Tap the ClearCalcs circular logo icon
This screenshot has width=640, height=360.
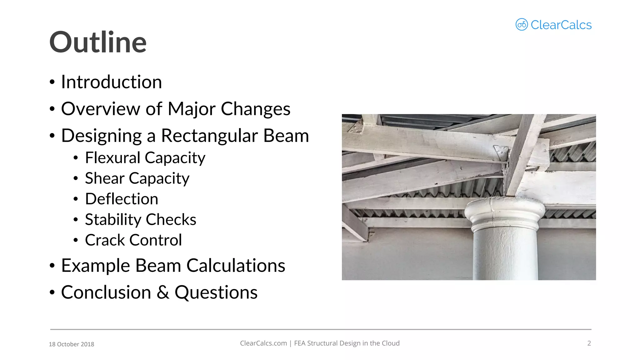522,25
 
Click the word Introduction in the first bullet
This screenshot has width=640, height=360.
112,82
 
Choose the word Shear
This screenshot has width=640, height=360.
104,178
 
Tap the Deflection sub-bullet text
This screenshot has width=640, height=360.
122,199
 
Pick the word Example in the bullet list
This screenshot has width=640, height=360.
95,266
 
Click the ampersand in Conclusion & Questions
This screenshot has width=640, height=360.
163,292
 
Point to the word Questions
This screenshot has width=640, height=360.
216,292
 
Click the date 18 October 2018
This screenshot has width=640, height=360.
72,344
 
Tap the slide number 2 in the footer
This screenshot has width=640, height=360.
589,343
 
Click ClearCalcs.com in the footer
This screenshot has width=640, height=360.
263,343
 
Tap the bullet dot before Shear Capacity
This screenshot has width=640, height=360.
76,178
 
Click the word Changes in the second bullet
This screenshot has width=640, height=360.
256,109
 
